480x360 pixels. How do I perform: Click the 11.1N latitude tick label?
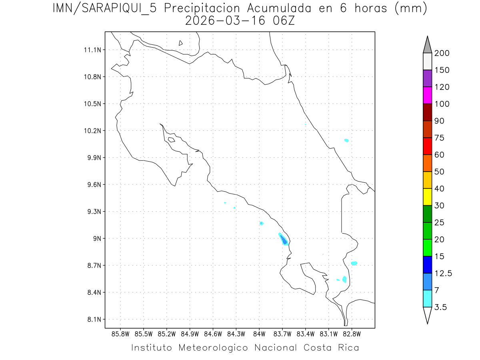pyautogui.click(x=92, y=50)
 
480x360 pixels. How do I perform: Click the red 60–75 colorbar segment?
pyautogui.click(x=427, y=146)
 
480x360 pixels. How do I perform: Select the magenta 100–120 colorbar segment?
pyautogui.click(x=427, y=95)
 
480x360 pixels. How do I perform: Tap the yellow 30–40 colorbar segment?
pyautogui.click(x=427, y=197)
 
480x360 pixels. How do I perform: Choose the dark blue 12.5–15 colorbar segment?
pyautogui.click(x=427, y=264)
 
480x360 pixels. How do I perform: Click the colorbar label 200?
pyautogui.click(x=442, y=53)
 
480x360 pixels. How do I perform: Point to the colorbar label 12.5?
pyautogui.click(x=443, y=273)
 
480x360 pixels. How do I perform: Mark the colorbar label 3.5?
pyautogui.click(x=440, y=307)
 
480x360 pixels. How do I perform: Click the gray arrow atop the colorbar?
pyautogui.click(x=427, y=44)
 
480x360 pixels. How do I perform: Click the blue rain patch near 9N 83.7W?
pyautogui.click(x=284, y=240)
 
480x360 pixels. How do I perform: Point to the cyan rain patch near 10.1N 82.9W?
pyautogui.click(x=346, y=140)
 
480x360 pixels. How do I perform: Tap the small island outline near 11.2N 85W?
pyautogui.click(x=181, y=43)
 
